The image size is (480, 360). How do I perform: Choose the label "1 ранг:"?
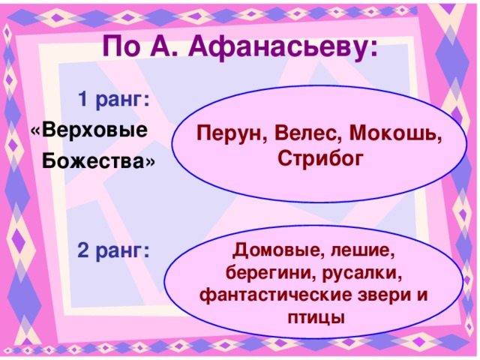113,100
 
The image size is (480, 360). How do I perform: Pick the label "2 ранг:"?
113,251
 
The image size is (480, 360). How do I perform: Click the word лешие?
361,249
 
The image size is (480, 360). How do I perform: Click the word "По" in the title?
118,47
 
